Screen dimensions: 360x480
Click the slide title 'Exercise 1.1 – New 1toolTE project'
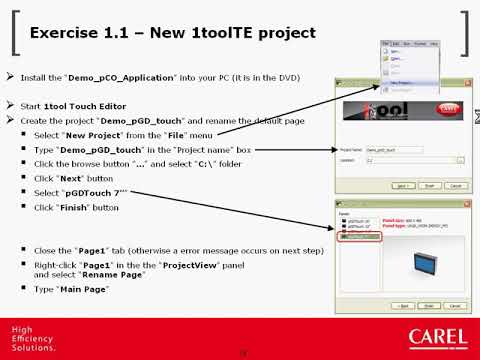(x=173, y=33)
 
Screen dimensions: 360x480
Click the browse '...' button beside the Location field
(x=462, y=158)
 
